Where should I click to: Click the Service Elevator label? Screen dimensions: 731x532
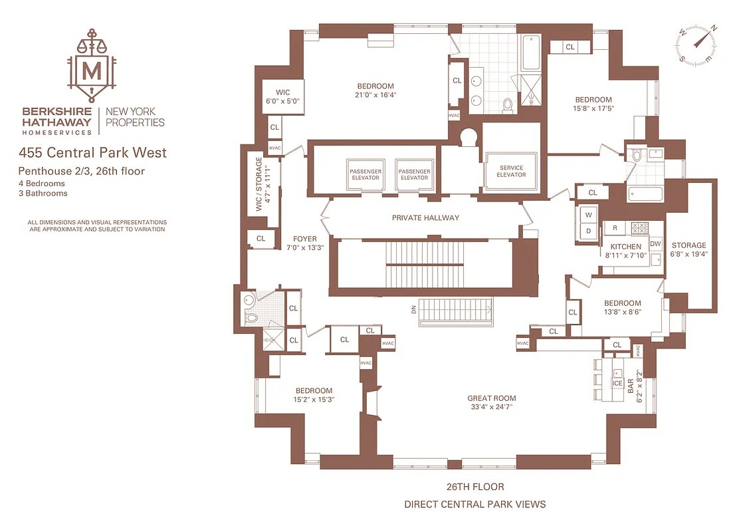click(511, 172)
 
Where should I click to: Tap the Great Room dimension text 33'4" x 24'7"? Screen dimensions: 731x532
click(491, 407)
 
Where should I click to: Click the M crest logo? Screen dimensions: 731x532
click(92, 66)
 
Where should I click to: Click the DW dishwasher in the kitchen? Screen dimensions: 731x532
click(656, 243)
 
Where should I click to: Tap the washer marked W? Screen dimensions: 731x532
click(588, 215)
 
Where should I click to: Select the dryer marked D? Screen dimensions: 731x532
click(588, 231)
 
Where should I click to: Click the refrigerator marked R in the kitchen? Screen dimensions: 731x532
click(615, 228)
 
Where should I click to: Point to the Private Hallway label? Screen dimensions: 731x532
click(425, 217)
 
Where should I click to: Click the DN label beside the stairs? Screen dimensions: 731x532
click(413, 309)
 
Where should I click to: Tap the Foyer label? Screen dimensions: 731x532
click(305, 239)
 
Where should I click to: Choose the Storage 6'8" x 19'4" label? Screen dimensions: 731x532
click(688, 249)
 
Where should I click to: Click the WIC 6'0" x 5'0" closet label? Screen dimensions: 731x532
click(282, 96)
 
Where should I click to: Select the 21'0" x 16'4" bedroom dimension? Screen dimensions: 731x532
click(375, 94)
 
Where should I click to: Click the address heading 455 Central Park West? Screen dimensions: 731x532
click(92, 152)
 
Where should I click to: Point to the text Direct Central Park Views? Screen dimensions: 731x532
click(474, 504)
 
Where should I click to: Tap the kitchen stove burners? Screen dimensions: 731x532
click(639, 228)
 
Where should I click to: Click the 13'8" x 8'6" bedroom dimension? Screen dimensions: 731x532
click(623, 312)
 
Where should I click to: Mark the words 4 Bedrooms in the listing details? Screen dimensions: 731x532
click(41, 184)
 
